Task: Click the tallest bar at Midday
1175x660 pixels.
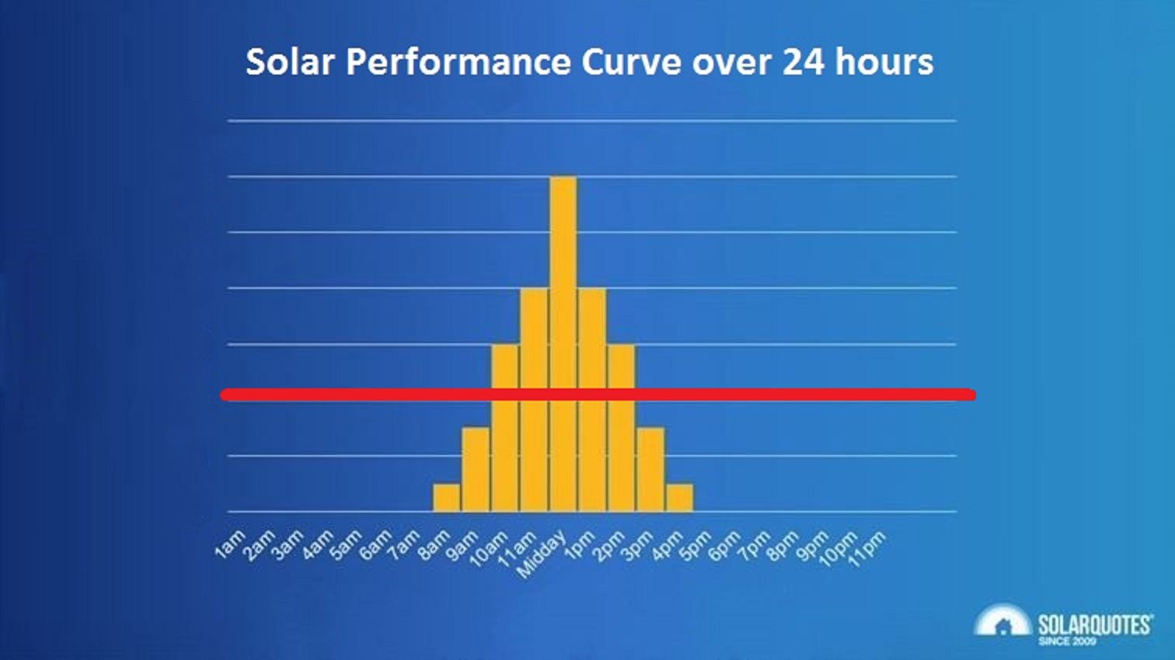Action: tap(563, 342)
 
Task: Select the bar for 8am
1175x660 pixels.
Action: tap(447, 498)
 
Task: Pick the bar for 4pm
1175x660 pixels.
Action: tap(680, 498)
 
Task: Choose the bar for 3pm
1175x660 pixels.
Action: tap(651, 469)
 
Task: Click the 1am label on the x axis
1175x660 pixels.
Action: tap(230, 544)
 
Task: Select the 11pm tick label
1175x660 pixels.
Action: tap(868, 549)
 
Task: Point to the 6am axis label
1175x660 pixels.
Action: tap(376, 544)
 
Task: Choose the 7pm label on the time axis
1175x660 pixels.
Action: tap(753, 544)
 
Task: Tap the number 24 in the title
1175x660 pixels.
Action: tap(803, 62)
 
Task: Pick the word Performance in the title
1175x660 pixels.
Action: tap(458, 62)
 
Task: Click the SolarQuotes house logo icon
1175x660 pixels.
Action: tap(1002, 622)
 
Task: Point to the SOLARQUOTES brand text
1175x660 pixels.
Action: tap(1094, 624)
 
